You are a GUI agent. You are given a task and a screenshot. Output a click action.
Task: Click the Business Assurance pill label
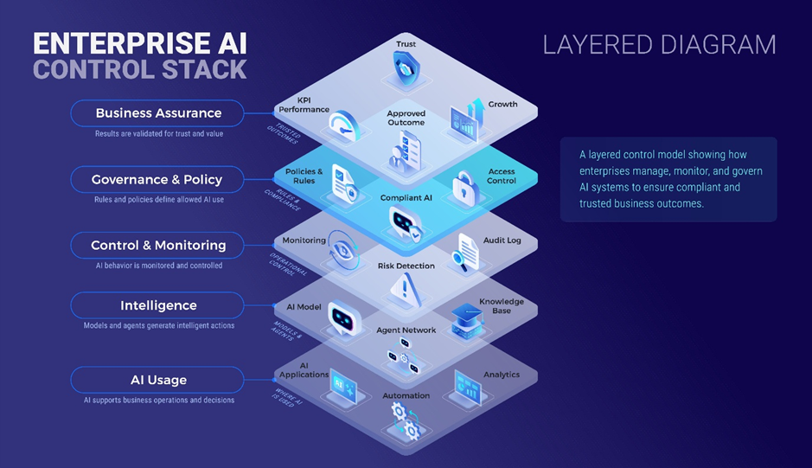click(x=158, y=113)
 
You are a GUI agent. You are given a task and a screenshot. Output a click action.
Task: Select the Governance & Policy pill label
click(x=157, y=180)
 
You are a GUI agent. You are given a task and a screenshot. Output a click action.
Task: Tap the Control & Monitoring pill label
click(x=158, y=246)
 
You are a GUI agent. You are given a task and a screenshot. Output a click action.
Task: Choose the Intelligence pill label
click(x=158, y=305)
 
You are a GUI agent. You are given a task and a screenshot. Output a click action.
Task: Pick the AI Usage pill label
click(x=158, y=380)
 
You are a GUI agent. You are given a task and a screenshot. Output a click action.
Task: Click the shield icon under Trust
click(x=406, y=68)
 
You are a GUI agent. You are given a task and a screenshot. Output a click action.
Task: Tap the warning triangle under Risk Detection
click(x=404, y=289)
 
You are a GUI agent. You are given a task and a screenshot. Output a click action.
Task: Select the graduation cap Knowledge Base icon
click(x=468, y=317)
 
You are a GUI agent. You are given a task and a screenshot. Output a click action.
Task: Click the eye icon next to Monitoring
click(x=340, y=252)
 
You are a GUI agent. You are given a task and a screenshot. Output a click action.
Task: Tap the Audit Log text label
click(x=502, y=240)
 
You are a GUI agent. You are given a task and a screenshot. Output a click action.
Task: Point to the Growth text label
click(x=502, y=105)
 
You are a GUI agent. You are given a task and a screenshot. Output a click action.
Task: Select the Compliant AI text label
click(x=406, y=198)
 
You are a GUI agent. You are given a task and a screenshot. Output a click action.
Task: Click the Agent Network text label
click(x=406, y=330)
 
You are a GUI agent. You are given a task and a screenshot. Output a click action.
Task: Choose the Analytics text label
click(x=502, y=375)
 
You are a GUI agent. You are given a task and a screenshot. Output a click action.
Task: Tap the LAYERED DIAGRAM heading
click(x=659, y=45)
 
